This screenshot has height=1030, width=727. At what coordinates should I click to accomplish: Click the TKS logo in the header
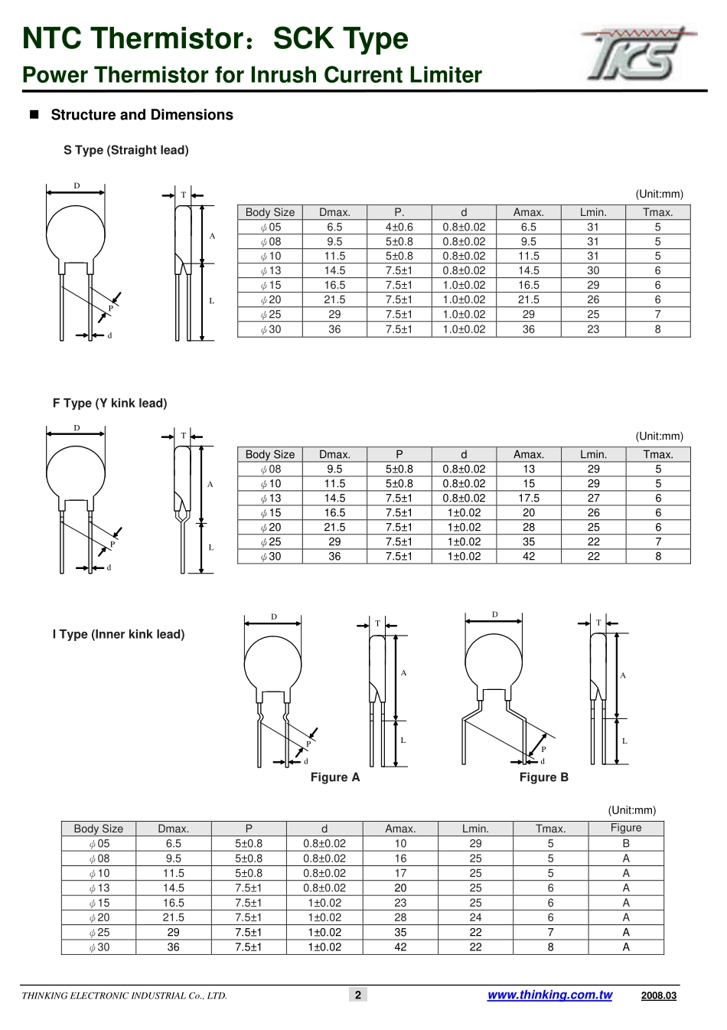tap(639, 54)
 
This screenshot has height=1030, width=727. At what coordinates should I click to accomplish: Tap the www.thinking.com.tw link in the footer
tap(549, 995)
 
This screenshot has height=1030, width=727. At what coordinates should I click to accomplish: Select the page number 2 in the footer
tap(358, 995)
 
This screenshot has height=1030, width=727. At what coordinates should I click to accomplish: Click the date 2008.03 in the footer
tap(659, 996)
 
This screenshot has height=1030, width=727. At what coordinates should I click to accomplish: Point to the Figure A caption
tap(335, 777)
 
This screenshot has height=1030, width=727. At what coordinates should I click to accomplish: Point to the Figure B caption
tap(544, 777)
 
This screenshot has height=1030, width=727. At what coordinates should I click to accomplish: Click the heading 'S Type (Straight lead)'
tap(126, 150)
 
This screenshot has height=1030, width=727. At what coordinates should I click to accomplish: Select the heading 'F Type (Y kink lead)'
tap(110, 404)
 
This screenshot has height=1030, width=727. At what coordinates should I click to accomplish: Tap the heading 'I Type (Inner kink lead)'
tap(119, 635)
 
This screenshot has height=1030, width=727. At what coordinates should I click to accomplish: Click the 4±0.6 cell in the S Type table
tap(399, 227)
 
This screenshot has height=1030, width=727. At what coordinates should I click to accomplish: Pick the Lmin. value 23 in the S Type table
tap(593, 329)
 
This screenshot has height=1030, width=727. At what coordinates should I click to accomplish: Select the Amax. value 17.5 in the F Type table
tap(529, 498)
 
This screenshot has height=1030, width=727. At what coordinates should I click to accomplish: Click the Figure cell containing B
tap(626, 843)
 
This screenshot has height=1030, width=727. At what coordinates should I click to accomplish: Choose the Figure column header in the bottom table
tap(626, 828)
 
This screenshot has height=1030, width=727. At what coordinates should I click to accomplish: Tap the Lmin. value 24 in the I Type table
tap(475, 917)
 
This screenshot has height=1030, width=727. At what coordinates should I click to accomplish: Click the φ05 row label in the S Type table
tap(270, 227)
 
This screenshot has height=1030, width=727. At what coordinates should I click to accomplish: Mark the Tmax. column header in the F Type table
tap(658, 454)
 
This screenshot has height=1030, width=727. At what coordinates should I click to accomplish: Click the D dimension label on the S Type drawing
tap(77, 186)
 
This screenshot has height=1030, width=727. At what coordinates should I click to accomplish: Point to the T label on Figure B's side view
tap(598, 623)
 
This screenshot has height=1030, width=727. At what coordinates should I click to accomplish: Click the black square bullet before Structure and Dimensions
tap(34, 115)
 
